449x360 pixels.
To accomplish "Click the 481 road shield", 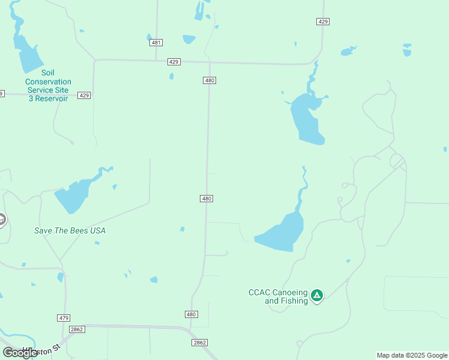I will tap(157, 43).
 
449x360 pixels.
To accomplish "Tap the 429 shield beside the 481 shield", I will tap(174, 62).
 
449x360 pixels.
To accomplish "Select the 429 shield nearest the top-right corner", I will tap(323, 22).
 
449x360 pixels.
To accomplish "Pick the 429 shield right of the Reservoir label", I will tap(84, 95).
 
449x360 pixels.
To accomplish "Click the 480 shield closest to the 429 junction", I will tap(209, 80).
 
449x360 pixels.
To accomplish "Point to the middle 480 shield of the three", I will tap(206, 199).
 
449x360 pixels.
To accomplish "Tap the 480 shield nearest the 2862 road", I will tap(191, 314).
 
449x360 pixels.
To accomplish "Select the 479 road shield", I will tap(64, 317).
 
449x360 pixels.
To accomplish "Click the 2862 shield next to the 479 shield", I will tap(77, 329).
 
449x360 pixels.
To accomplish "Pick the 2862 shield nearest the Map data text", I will tap(200, 343).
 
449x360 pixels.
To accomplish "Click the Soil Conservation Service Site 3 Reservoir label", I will tap(48, 85).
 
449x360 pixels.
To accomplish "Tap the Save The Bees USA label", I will tap(74, 230).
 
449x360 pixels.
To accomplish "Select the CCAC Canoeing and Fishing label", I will tap(278, 296).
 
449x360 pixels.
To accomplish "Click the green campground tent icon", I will tap(317, 295).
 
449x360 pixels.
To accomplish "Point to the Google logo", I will tap(20, 353).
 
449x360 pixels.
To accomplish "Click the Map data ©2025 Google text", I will tap(412, 355).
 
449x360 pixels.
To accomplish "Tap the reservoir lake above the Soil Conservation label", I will tap(28, 54).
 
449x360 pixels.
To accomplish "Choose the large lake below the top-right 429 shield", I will tap(307, 119).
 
